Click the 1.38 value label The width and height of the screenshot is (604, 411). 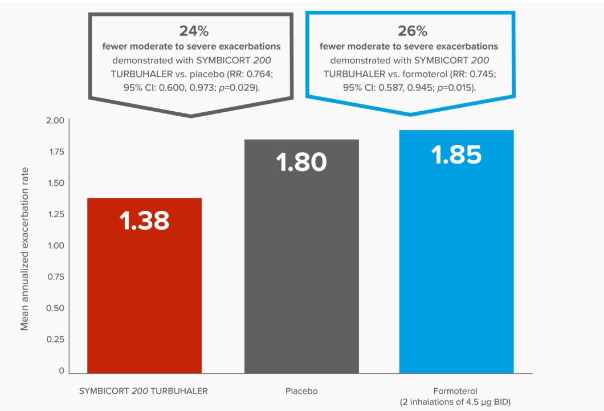(144, 221)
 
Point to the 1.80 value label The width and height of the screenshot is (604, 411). (301, 162)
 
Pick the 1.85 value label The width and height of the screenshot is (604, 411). (456, 155)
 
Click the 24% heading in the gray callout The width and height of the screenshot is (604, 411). (190, 31)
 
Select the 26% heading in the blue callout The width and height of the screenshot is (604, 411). (409, 31)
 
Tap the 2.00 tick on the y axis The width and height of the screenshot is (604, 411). (55, 120)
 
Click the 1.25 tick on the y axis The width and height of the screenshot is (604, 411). (55, 214)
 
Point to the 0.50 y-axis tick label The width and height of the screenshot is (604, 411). (55, 308)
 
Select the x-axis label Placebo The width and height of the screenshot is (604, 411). (301, 391)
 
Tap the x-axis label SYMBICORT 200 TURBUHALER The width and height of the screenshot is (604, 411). (143, 391)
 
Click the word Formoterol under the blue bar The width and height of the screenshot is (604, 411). (456, 391)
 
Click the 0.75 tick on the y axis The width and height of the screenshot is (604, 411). (55, 277)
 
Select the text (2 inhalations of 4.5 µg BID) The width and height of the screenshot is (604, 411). (456, 402)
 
